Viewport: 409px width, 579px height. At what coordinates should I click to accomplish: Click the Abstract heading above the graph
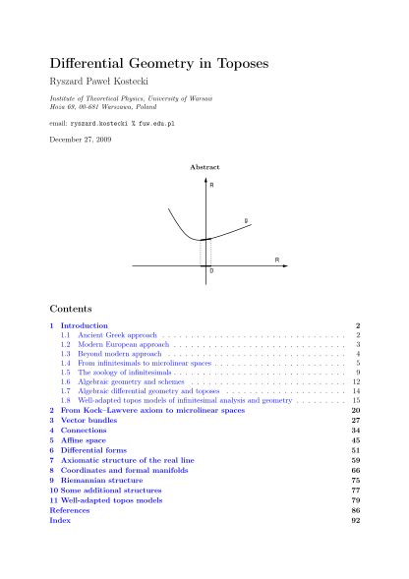click(x=204, y=167)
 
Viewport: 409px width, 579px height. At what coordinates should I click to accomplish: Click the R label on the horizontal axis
click(x=276, y=260)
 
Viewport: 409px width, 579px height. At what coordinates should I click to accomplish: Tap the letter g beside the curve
click(x=246, y=219)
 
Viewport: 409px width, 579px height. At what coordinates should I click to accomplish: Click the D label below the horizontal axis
click(x=212, y=269)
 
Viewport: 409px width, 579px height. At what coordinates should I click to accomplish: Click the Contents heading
click(x=70, y=308)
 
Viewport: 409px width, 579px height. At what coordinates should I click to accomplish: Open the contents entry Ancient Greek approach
click(x=102, y=336)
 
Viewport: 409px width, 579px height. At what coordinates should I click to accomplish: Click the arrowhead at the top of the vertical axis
click(x=204, y=177)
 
